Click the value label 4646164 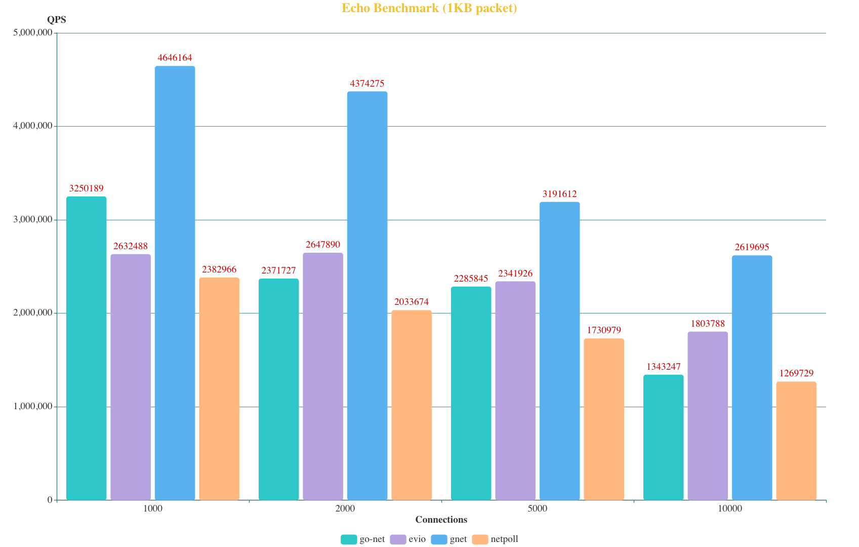tap(175, 58)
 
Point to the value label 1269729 tap(796, 373)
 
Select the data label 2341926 tap(515, 273)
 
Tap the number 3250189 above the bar tap(86, 188)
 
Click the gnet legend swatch tap(439, 539)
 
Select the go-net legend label tap(372, 539)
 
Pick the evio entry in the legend tap(417, 539)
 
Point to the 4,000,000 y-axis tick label tap(32, 126)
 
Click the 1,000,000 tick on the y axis tap(32, 406)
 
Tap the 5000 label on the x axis tap(537, 509)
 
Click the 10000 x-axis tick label tap(729, 509)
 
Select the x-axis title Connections tap(441, 520)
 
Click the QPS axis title tap(56, 20)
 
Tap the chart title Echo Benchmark tap(429, 8)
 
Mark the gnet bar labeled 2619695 tap(752, 377)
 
